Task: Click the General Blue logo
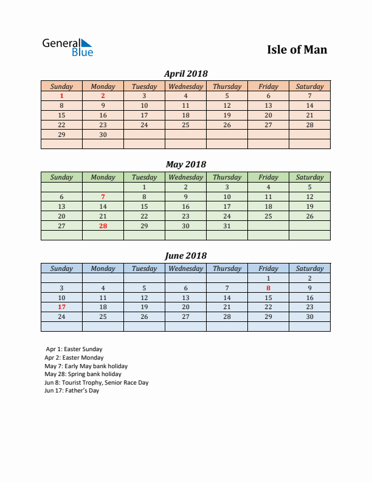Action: (67, 47)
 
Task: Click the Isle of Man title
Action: (297, 49)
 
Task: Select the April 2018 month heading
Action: (186, 74)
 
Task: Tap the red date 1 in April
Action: (61, 96)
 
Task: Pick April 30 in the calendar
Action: (103, 134)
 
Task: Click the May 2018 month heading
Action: (186, 164)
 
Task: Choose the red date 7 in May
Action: (103, 197)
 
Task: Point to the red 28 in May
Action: (103, 226)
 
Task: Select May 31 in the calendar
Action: (227, 226)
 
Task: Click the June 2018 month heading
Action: (186, 256)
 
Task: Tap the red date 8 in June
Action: (268, 288)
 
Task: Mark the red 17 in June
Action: (61, 307)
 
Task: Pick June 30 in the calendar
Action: (309, 316)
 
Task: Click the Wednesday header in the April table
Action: (185, 86)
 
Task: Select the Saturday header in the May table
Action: (309, 177)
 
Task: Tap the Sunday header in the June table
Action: (61, 268)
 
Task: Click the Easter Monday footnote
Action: (74, 358)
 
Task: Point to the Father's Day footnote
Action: (72, 391)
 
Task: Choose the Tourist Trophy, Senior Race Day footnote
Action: (96, 383)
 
